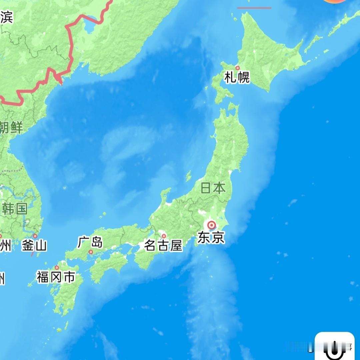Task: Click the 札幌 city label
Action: pos(237,78)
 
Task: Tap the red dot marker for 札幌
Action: pos(238,68)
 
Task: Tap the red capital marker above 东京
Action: pos(211,225)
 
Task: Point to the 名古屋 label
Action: pos(164,246)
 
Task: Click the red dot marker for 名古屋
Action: pos(164,236)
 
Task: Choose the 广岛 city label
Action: pos(90,242)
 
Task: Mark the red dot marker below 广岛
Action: pos(91,252)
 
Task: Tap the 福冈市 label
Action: pos(56,277)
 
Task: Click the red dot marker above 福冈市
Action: pos(57,267)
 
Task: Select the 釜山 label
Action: pos(34,246)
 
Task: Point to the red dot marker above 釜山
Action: pos(35,236)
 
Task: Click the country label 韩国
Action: pos(15,209)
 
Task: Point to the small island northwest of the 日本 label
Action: pos(189,176)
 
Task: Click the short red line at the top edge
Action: pos(254,8)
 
